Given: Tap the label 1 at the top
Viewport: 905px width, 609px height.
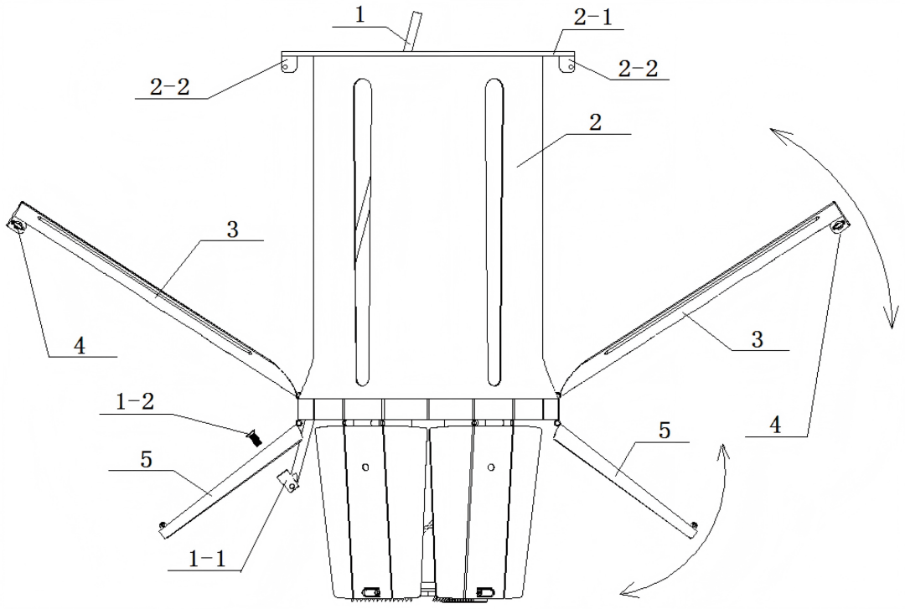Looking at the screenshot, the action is pyautogui.click(x=359, y=14).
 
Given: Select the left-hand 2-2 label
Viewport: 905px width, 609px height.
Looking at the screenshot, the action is pyautogui.click(x=169, y=87).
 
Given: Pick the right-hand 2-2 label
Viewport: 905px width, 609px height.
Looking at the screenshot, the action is pyautogui.click(x=638, y=69).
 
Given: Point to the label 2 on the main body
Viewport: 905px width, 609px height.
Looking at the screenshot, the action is pyautogui.click(x=595, y=122).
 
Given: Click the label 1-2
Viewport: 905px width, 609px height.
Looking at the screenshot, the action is pyautogui.click(x=135, y=402).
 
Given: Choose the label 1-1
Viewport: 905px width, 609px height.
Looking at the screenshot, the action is pyautogui.click(x=208, y=559).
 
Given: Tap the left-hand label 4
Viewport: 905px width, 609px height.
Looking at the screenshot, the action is pyautogui.click(x=80, y=346).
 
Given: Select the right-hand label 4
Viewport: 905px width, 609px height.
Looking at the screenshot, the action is pyautogui.click(x=775, y=426).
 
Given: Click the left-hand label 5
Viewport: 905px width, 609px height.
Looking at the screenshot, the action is pyautogui.click(x=146, y=460).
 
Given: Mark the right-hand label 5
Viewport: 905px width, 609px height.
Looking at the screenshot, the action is pyautogui.click(x=665, y=430).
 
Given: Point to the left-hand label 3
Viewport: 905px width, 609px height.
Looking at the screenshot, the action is pyautogui.click(x=232, y=230).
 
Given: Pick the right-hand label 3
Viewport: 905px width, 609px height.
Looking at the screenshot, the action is pyautogui.click(x=758, y=339).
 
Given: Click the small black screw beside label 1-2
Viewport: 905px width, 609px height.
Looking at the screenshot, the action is pyautogui.click(x=255, y=438).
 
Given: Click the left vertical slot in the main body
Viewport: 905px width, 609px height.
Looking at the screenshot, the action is pyautogui.click(x=362, y=232).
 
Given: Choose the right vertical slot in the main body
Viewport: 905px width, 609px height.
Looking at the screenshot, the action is pyautogui.click(x=494, y=232).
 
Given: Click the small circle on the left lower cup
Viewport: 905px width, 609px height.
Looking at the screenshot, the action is pyautogui.click(x=365, y=466).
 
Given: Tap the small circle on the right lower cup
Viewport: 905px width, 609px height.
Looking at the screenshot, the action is pyautogui.click(x=491, y=467).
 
